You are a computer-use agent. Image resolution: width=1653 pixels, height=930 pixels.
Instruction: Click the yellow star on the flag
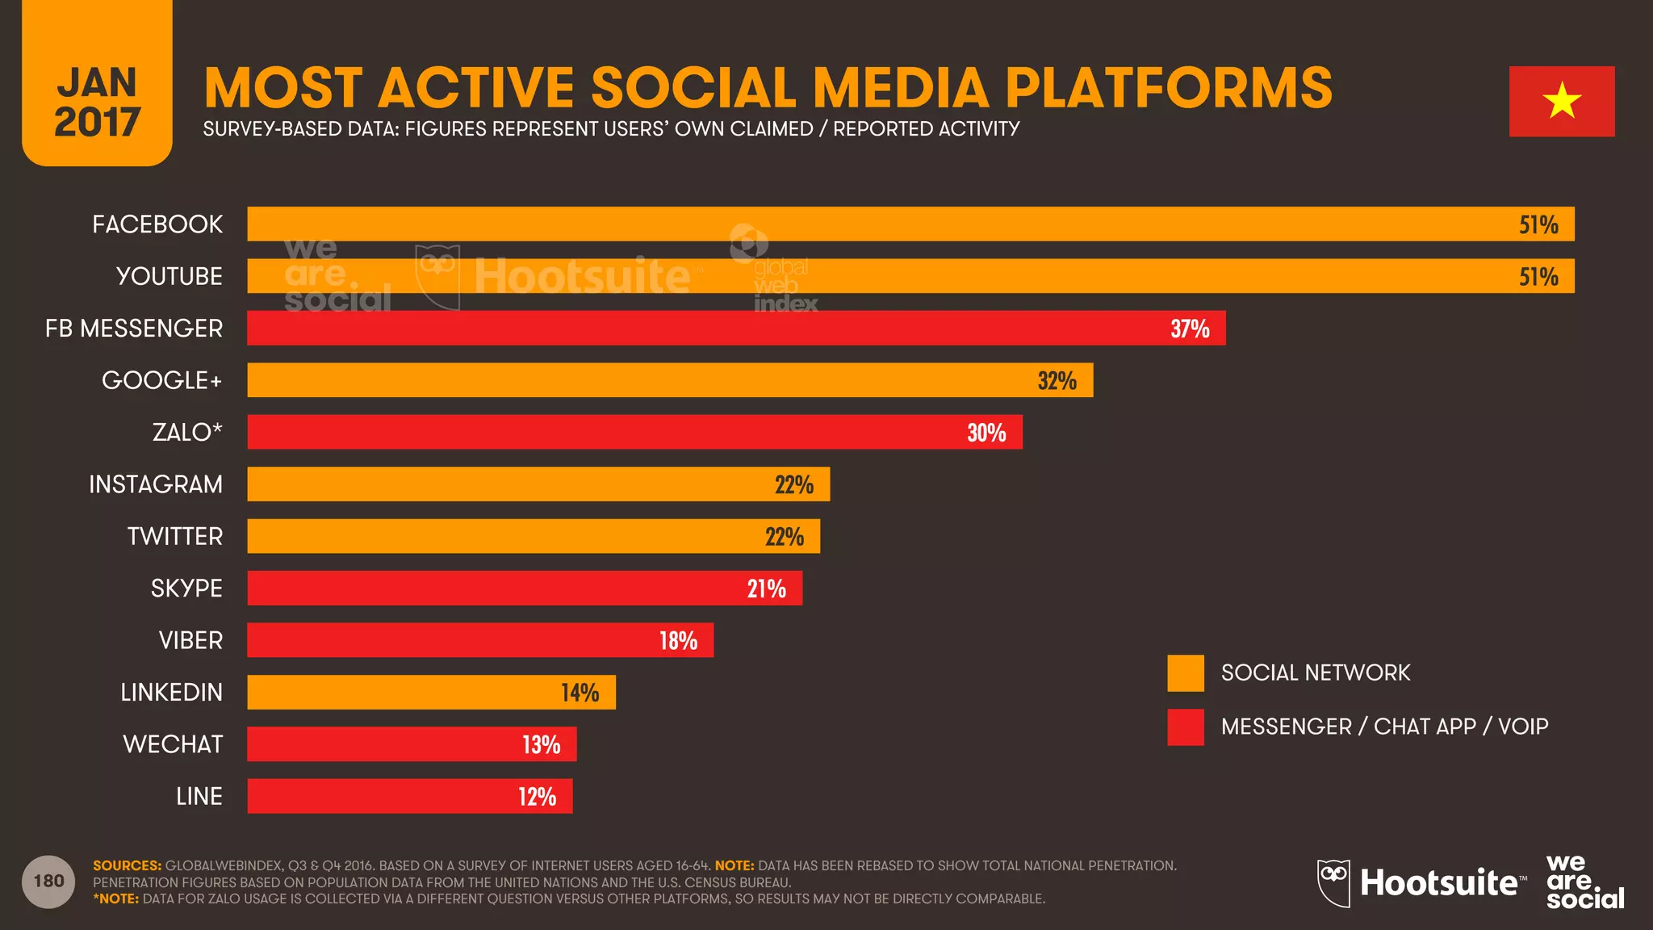(1562, 101)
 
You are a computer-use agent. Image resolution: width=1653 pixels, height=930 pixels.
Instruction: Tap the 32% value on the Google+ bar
(1057, 380)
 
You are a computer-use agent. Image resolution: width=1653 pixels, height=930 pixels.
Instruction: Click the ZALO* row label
(187, 433)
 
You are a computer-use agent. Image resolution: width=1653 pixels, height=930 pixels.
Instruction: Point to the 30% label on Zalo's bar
(986, 433)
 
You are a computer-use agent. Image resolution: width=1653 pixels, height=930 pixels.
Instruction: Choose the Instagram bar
(538, 484)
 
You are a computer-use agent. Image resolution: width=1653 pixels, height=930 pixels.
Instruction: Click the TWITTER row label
(174, 536)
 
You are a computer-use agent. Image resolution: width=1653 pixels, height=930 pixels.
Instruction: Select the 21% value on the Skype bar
(766, 589)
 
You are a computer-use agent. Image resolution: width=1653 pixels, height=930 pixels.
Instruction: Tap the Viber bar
(479, 640)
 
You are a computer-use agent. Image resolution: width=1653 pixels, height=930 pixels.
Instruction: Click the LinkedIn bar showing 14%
(430, 693)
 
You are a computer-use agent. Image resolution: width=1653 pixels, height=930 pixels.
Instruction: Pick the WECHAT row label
(173, 744)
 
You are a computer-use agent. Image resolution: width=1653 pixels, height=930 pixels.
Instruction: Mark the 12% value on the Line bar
(537, 797)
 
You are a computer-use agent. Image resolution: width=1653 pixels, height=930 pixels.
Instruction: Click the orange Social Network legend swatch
(1185, 673)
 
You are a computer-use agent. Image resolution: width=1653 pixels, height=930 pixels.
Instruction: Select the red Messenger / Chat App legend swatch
(1185, 727)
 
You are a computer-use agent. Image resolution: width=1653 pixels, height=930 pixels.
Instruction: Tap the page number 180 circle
(48, 882)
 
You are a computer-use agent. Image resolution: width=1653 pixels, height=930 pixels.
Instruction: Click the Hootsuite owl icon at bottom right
(1333, 882)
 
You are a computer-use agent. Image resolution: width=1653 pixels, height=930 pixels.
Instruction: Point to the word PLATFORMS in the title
(1168, 87)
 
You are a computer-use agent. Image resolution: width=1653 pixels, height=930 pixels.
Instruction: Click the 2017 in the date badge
(97, 123)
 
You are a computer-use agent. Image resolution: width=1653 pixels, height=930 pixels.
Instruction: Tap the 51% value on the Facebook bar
(1538, 224)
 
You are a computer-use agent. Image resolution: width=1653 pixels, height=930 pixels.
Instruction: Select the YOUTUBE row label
(169, 276)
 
